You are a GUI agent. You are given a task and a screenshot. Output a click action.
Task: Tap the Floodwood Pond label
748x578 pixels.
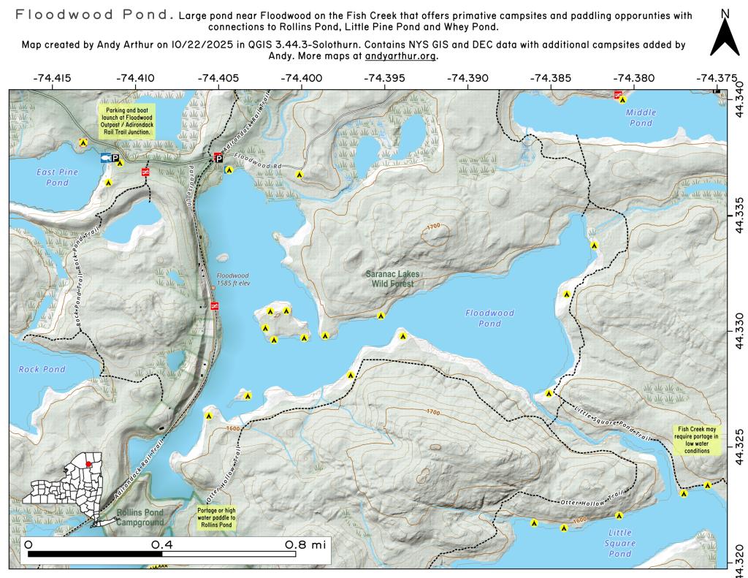(x=490, y=318)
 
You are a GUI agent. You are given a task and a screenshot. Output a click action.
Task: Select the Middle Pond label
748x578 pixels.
(x=641, y=118)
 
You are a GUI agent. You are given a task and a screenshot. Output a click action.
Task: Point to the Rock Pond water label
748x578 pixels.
(x=42, y=370)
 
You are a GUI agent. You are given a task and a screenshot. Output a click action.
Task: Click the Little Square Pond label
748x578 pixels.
(x=620, y=543)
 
